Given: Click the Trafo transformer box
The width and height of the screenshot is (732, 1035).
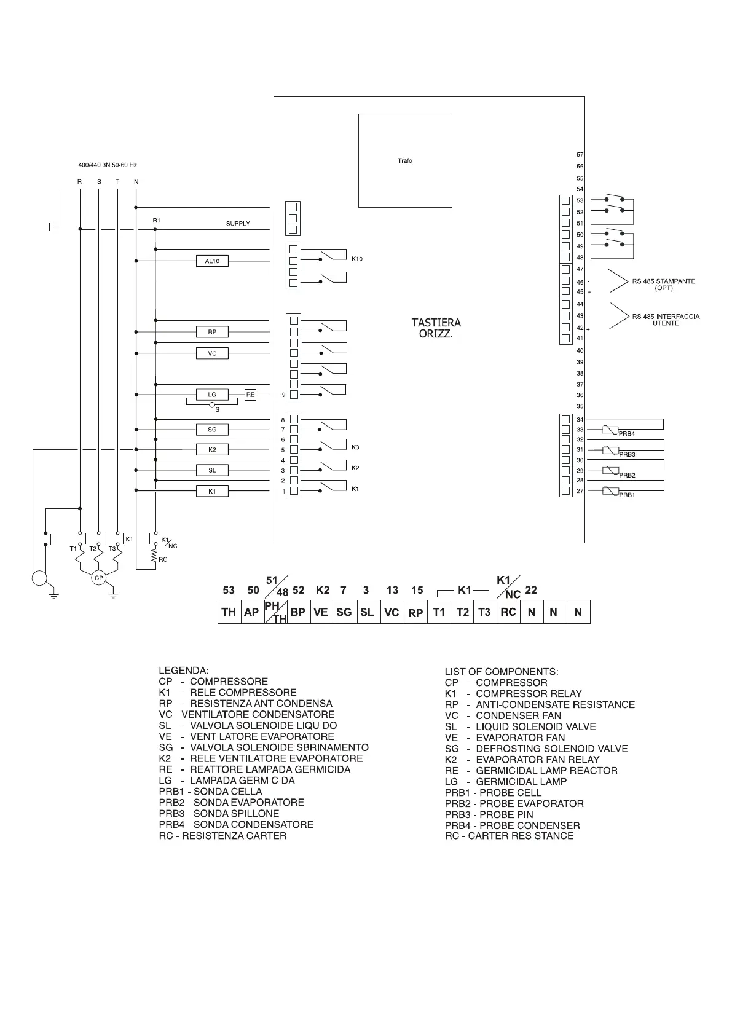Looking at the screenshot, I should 405,160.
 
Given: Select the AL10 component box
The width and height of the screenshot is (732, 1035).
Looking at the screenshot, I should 212,261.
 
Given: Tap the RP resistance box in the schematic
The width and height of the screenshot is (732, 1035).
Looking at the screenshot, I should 212,333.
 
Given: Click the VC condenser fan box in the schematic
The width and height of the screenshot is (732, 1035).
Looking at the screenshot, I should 212,353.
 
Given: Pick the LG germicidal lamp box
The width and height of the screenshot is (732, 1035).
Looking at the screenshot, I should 212,395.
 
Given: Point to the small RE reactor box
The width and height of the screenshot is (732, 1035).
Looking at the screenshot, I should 250,395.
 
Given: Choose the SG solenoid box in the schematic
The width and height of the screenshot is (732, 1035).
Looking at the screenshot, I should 212,430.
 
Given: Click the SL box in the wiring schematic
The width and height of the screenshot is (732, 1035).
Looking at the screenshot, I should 212,470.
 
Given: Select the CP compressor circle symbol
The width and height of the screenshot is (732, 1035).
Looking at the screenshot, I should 98,578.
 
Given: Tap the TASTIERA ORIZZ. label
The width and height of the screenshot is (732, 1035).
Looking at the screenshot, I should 436,328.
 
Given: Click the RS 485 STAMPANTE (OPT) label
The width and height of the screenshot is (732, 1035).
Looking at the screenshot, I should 664,285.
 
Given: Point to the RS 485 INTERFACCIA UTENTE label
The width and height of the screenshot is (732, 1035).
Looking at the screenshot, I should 666,320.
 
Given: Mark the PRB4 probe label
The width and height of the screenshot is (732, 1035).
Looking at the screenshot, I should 626,434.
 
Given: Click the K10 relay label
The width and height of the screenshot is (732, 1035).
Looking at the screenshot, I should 357,259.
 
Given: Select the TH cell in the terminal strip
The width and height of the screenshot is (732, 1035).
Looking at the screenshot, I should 229,612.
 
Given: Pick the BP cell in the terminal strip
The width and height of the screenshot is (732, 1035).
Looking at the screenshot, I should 298,612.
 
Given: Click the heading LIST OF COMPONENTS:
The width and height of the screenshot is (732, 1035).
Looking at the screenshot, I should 502,671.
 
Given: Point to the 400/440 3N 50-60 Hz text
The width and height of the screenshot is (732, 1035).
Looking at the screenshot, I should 108,165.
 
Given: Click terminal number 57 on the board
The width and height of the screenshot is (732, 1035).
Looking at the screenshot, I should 580,155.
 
